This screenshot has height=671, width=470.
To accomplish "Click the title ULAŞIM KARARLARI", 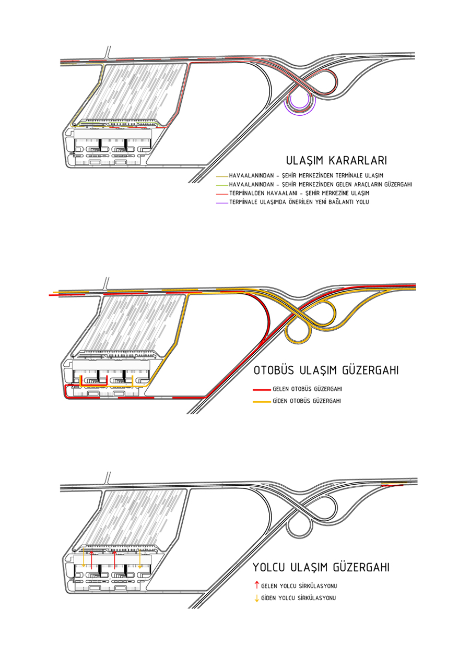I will click(336, 160).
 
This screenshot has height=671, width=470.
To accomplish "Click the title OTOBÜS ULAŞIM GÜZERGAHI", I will click(326, 371).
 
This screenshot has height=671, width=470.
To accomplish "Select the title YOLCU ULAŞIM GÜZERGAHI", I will click(321, 568).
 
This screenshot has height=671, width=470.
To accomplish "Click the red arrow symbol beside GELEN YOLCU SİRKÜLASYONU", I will click(256, 585).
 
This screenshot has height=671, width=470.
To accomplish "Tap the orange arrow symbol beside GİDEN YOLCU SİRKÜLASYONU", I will click(256, 598).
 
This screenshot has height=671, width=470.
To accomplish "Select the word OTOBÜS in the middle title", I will click(275, 371).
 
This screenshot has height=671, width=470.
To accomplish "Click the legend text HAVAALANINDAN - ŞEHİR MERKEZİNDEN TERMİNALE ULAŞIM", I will click(306, 175).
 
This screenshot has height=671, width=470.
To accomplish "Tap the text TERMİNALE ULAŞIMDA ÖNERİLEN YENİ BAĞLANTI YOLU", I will click(299, 201).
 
